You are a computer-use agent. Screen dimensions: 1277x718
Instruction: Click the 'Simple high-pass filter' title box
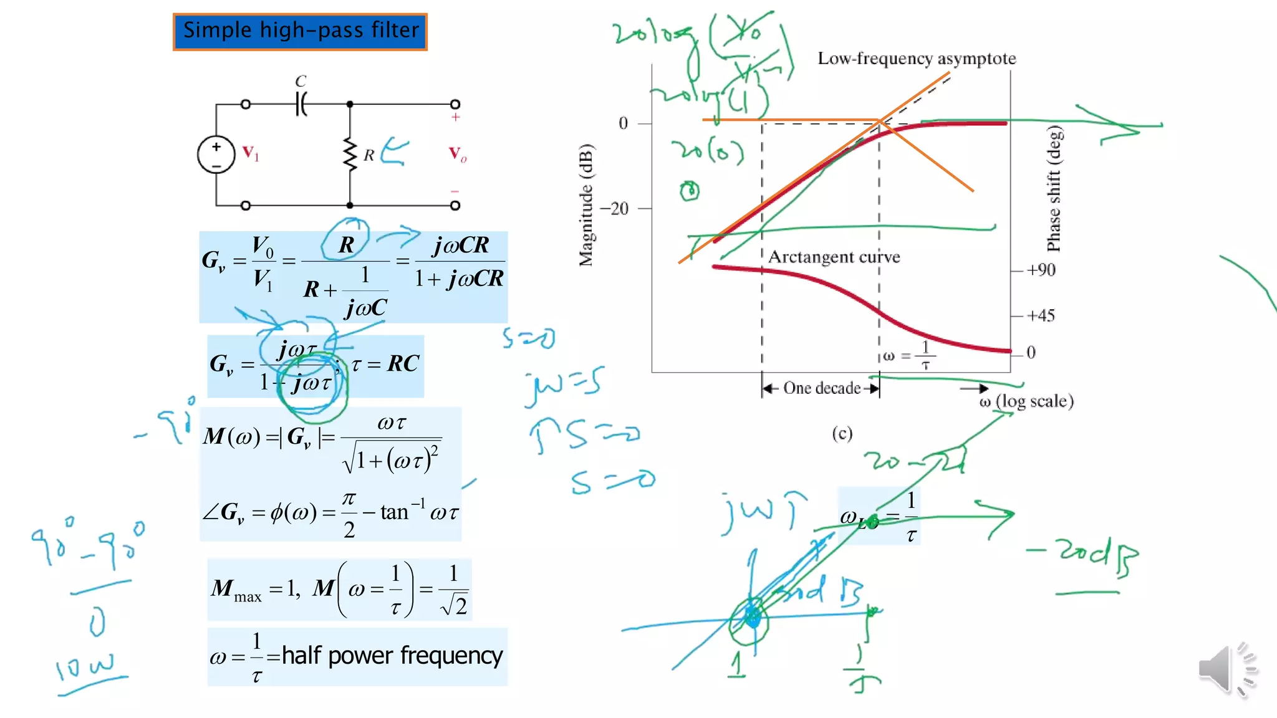[300, 31]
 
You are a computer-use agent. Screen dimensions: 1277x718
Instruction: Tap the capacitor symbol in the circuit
[301, 103]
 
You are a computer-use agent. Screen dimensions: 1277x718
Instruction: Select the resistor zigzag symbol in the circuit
[350, 155]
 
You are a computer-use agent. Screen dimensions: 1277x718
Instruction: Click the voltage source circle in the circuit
[216, 155]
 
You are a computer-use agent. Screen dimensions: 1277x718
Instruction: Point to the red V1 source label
[251, 153]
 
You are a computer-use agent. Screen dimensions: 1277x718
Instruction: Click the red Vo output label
[458, 154]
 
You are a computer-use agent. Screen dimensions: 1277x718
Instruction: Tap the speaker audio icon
[1225, 669]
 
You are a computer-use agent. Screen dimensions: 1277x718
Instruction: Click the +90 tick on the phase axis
[1041, 270]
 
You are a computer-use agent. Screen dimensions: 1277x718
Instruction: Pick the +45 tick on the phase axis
[1041, 315]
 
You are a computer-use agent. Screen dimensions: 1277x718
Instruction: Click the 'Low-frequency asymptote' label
[917, 59]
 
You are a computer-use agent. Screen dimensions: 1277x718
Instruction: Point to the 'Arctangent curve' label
[834, 257]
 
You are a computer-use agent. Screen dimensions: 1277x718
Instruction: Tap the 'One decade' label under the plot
[821, 388]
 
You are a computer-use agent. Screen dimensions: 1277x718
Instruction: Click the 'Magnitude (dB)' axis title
[586, 205]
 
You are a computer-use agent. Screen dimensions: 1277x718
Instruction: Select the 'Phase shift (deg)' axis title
[1054, 189]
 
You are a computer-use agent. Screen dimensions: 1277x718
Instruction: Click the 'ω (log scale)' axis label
[1026, 401]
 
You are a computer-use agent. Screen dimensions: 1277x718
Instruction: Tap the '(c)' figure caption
[842, 433]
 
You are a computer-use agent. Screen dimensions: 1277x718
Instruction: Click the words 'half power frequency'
[392, 656]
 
